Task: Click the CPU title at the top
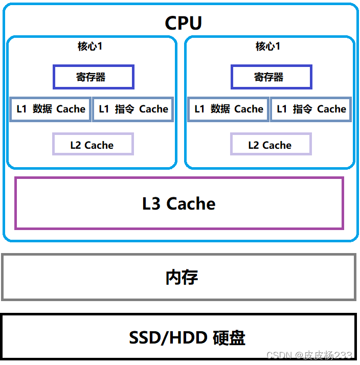183,23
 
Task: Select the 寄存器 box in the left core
93,77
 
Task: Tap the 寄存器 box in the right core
271,77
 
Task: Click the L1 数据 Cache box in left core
51,109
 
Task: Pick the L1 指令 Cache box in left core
133,109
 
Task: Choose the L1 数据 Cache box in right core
229,109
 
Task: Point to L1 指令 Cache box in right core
311,109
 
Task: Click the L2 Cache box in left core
93,145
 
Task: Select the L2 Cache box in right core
271,145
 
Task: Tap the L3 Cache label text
178,203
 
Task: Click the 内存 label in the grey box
182,277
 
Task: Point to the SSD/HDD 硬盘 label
187,337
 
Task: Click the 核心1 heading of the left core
90,47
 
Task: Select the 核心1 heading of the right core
268,47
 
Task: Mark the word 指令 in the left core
125,109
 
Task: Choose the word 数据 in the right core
220,109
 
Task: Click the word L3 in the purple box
151,203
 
